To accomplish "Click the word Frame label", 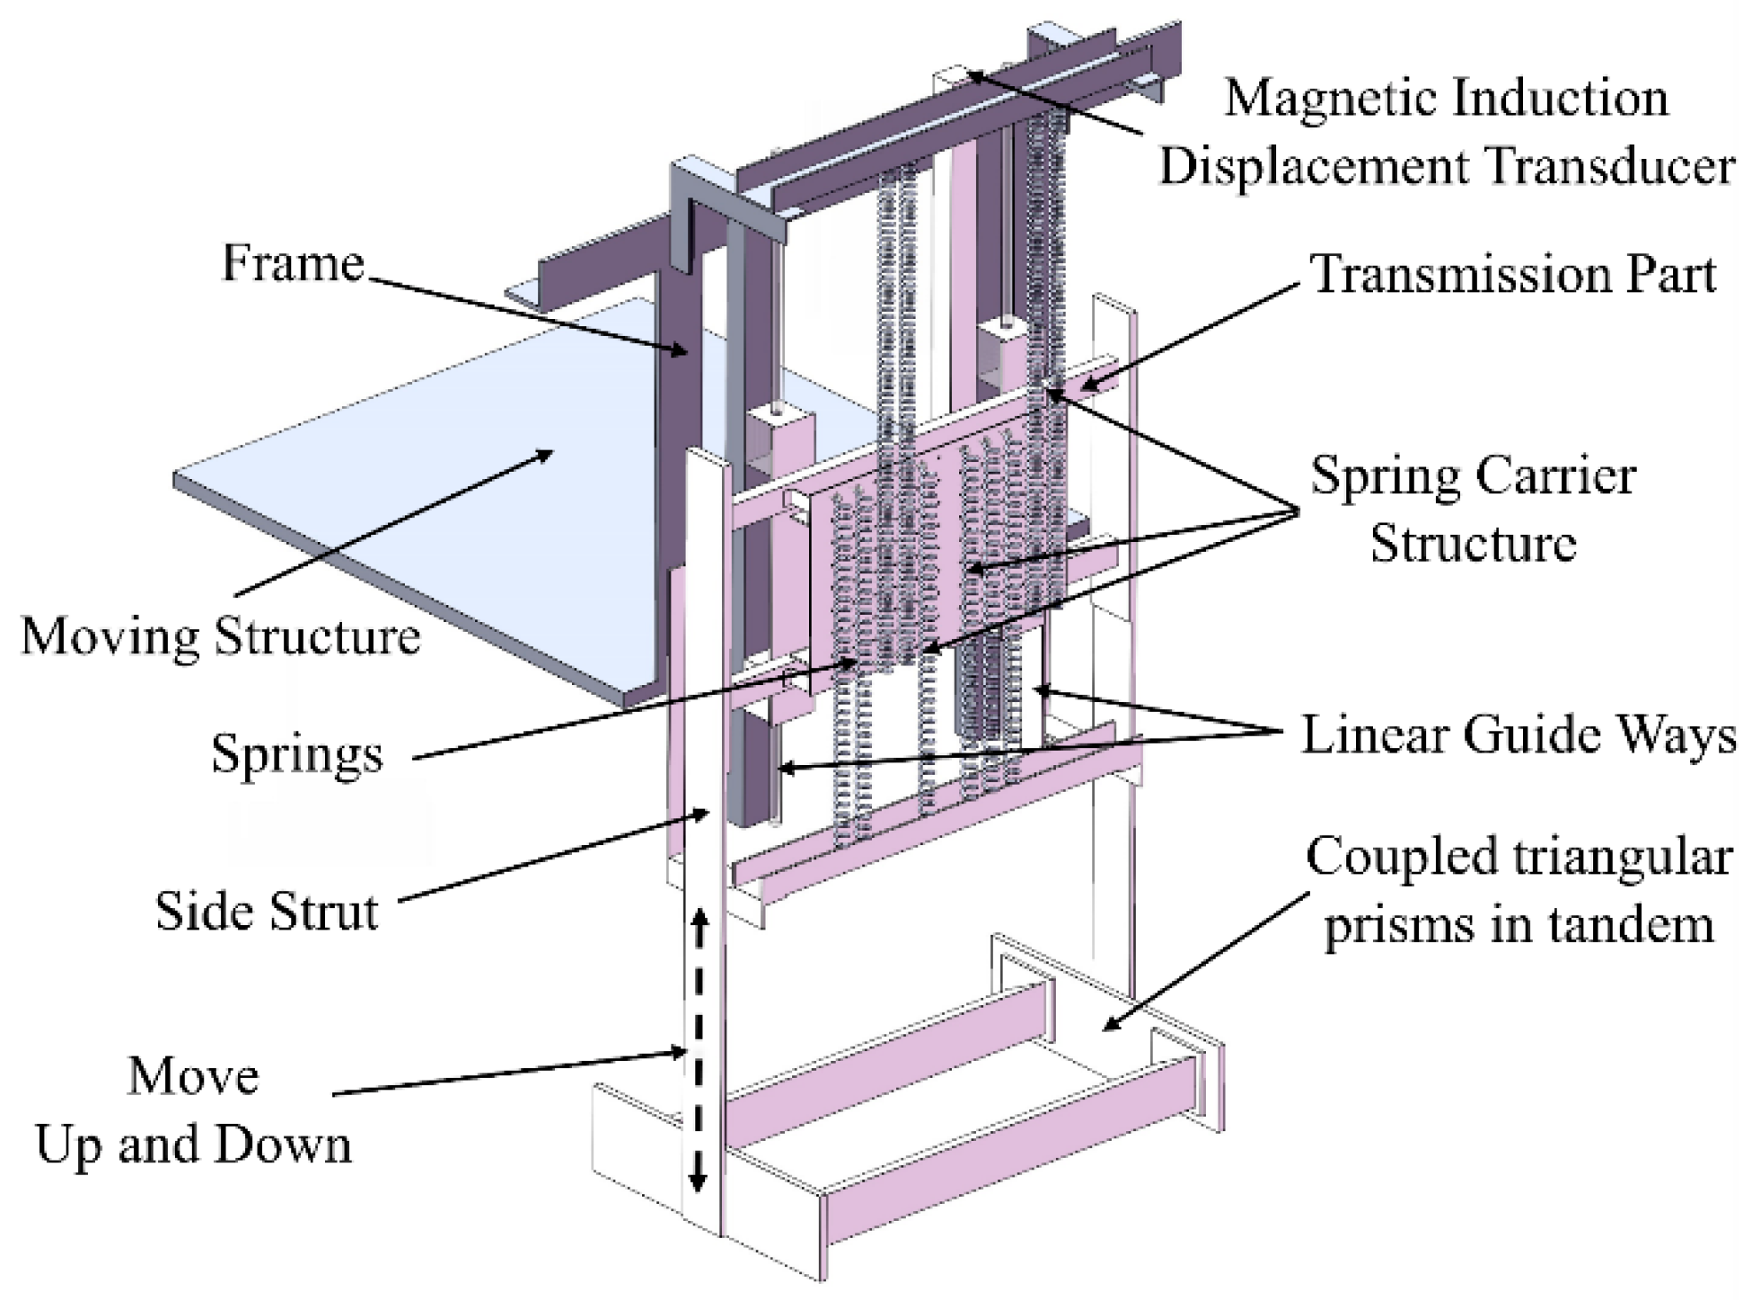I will [292, 263].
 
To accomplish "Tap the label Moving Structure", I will [220, 637].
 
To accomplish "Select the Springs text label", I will [297, 755].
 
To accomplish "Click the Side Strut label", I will [266, 912].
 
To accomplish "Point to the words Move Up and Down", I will [193, 1111].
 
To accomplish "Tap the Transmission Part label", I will [1512, 274].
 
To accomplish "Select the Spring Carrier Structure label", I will [1473, 509].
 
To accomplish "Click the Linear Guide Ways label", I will [1518, 736].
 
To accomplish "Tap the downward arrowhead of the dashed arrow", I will [698, 1182].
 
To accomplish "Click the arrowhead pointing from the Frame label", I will [678, 351].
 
